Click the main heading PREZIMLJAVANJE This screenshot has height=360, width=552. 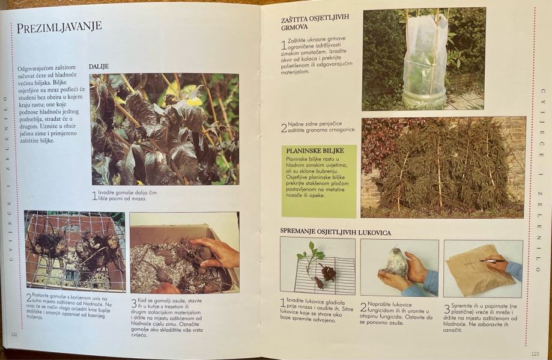59,27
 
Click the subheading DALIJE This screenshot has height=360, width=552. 99,67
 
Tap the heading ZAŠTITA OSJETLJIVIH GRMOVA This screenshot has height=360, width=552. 317,23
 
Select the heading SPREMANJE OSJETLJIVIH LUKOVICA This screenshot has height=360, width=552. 336,232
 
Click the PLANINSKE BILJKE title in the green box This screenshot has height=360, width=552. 315,150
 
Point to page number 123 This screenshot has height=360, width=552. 535,353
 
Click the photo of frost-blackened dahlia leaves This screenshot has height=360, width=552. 165,129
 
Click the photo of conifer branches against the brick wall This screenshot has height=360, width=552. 443,167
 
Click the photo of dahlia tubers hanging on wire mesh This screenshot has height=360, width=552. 74,251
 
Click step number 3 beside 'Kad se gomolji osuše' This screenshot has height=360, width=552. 134,304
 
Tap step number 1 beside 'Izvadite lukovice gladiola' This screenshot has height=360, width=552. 283,302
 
